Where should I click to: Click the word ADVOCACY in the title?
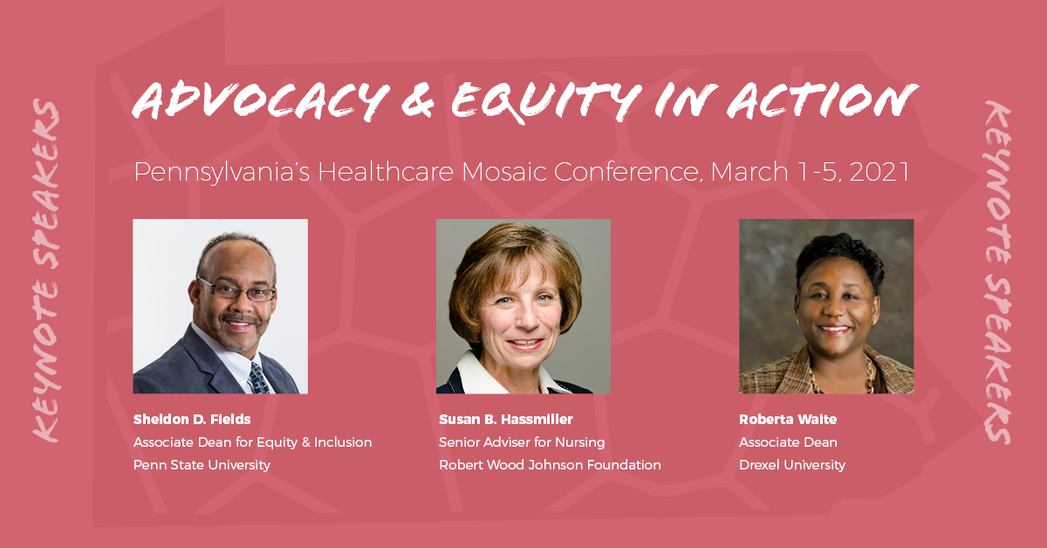(x=261, y=101)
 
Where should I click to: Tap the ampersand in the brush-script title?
(x=417, y=100)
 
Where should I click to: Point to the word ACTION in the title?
(x=823, y=100)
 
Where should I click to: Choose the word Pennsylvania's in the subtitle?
(x=222, y=173)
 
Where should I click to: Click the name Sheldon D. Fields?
(x=192, y=420)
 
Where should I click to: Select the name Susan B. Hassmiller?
(x=506, y=420)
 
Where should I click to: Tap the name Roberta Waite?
(x=788, y=420)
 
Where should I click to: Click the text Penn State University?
(x=202, y=465)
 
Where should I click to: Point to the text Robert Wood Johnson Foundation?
(x=550, y=465)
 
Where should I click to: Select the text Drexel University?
(x=792, y=465)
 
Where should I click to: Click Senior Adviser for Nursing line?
(x=522, y=442)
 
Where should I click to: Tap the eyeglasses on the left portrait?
(x=236, y=291)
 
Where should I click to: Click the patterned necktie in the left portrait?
(x=259, y=378)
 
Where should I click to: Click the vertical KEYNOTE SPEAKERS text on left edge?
(x=45, y=271)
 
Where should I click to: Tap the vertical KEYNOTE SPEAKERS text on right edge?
(x=998, y=272)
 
